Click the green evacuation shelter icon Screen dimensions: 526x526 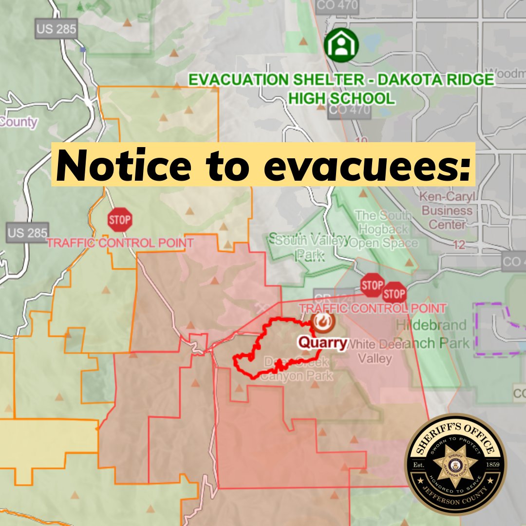pos(341,45)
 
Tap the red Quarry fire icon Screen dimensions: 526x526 pos(322,321)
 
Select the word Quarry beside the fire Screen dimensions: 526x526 pos(322,343)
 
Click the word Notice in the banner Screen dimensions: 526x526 pos(124,165)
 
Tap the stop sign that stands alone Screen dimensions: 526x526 pos(120,221)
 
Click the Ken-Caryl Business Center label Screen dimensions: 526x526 pos(447,210)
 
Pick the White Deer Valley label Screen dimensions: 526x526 pos(375,351)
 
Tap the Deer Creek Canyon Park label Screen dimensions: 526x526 pos(296,369)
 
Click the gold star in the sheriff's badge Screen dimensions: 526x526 pos(456,465)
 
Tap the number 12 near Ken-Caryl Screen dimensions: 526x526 pos(458,245)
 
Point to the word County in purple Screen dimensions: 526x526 pos(19,122)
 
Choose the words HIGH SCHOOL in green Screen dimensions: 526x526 pos(341,98)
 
